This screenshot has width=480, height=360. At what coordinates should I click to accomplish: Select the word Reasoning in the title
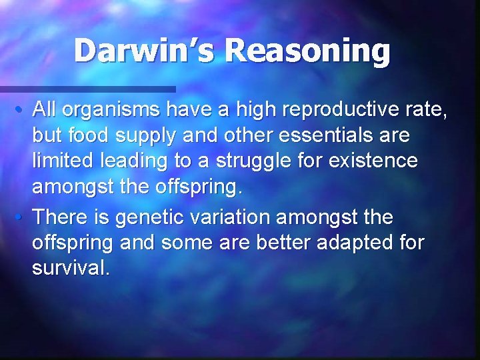point(307,52)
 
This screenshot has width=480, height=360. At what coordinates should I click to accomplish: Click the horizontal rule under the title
point(87,89)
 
